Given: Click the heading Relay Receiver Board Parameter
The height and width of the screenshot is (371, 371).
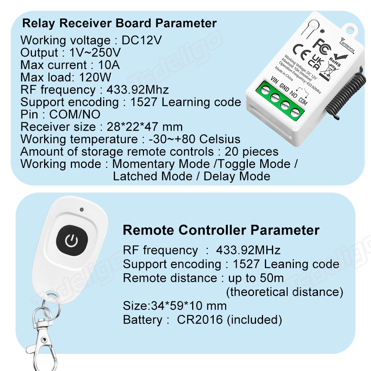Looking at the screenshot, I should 119,23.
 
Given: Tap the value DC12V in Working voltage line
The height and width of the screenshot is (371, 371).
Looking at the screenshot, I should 142,40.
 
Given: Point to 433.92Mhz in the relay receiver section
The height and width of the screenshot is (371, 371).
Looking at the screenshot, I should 138,90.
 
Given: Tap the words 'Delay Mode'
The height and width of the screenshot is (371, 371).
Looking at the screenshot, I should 237,176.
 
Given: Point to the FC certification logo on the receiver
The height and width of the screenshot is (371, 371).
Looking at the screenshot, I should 320,43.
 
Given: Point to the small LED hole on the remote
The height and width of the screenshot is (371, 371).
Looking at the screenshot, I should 81,210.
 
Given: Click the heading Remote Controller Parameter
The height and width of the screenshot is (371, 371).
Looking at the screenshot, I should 221,230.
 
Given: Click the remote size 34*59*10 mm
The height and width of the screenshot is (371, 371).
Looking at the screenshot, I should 175,306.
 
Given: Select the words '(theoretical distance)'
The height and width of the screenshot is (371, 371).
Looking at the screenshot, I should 285,292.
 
